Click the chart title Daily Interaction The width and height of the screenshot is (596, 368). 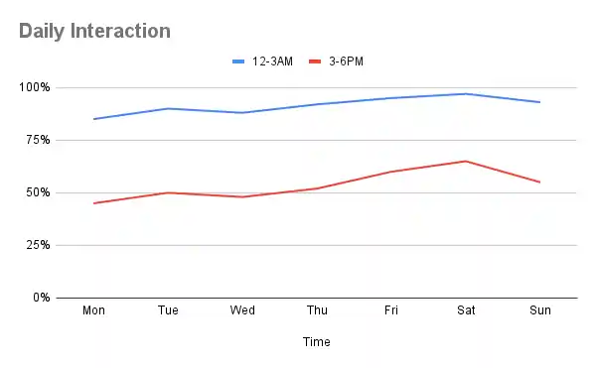pos(94,31)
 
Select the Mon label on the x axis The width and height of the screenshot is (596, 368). pos(94,310)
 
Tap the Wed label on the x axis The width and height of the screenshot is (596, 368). pos(242,310)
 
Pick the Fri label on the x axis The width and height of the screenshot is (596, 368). pos(391,310)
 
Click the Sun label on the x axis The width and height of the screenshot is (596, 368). pos(540,310)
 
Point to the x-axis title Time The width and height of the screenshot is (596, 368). pos(317,342)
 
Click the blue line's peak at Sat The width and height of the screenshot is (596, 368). pos(466,93)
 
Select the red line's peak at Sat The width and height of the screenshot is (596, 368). pos(466,161)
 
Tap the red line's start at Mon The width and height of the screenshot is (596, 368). pos(94,203)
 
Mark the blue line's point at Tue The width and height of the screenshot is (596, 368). pos(169,108)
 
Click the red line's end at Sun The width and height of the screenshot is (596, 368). pos(540,182)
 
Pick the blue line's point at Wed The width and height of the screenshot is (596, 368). pos(242,113)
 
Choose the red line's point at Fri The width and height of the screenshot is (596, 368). pos(391,172)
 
